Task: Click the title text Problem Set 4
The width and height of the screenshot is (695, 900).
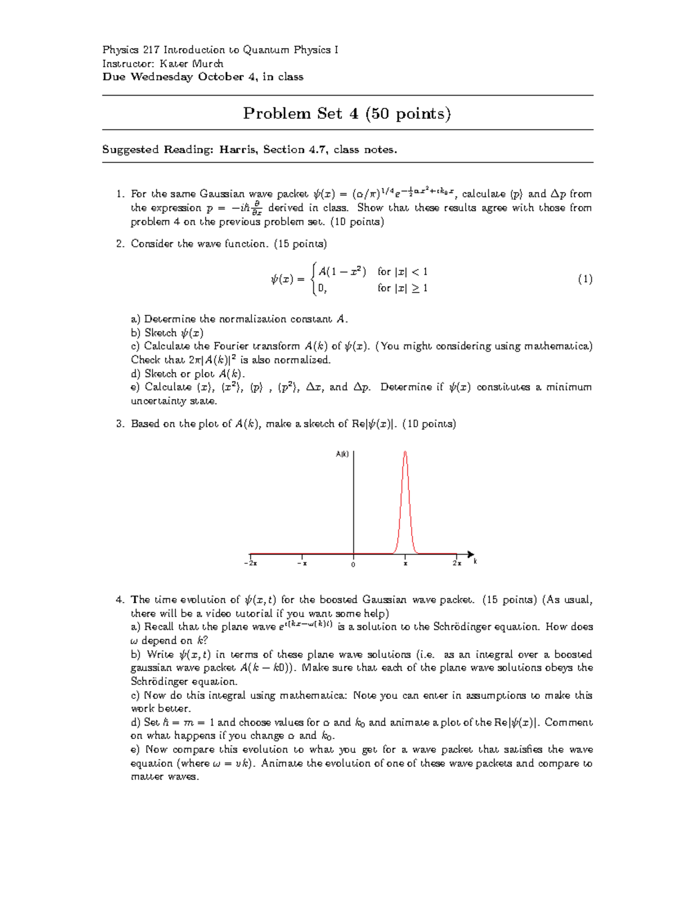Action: coord(301,113)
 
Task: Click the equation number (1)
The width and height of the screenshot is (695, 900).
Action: coord(584,279)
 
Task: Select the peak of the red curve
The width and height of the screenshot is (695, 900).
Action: coord(405,452)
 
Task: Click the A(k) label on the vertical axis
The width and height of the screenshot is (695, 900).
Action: coord(342,454)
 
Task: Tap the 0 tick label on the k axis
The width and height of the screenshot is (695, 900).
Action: coord(353,564)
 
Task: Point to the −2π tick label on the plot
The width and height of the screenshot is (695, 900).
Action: coord(250,563)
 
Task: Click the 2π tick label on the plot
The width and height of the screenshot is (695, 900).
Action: coord(457,563)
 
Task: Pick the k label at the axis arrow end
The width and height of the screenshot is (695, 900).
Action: coord(475,562)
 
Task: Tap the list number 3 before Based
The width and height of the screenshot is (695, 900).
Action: coord(119,424)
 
